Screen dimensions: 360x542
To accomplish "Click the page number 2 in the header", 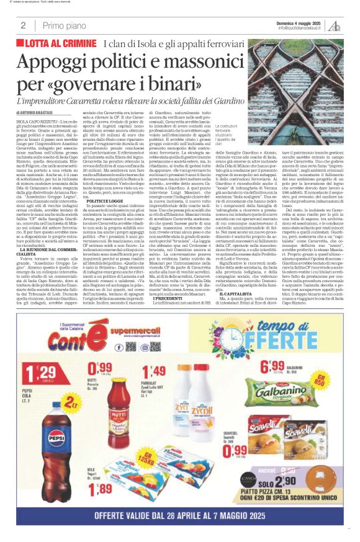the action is tap(23, 25).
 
